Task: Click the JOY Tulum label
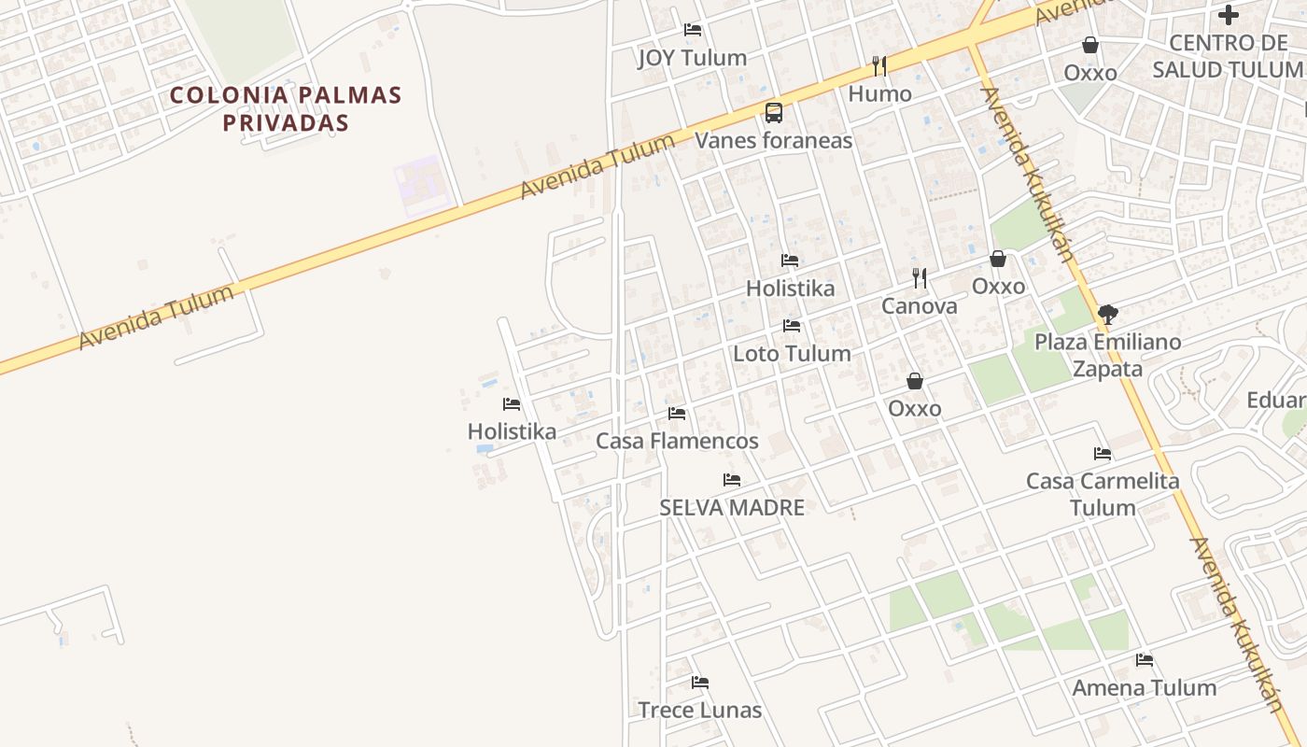point(692,58)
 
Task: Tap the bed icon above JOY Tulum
point(693,30)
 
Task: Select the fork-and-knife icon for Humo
point(878,65)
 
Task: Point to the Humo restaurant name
point(879,94)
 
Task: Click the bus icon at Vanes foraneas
point(774,113)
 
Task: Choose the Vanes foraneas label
point(774,141)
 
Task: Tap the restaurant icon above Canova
point(920,277)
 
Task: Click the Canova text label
point(920,306)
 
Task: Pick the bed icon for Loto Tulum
point(792,326)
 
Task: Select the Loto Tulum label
point(792,354)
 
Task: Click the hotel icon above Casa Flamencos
point(677,413)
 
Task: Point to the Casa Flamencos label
point(677,441)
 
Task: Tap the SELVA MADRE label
point(732,508)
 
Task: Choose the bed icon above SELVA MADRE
point(732,480)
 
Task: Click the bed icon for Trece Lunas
point(700,683)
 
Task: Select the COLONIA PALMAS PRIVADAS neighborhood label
point(286,108)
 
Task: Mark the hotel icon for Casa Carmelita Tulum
point(1103,454)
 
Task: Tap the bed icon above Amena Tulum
point(1145,660)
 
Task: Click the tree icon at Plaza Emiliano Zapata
point(1107,314)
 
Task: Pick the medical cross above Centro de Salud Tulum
point(1229,15)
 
